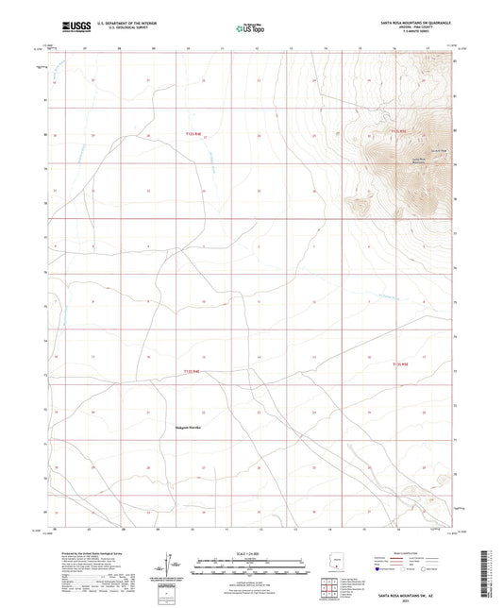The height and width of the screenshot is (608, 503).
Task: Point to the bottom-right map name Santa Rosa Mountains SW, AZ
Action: [408, 599]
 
